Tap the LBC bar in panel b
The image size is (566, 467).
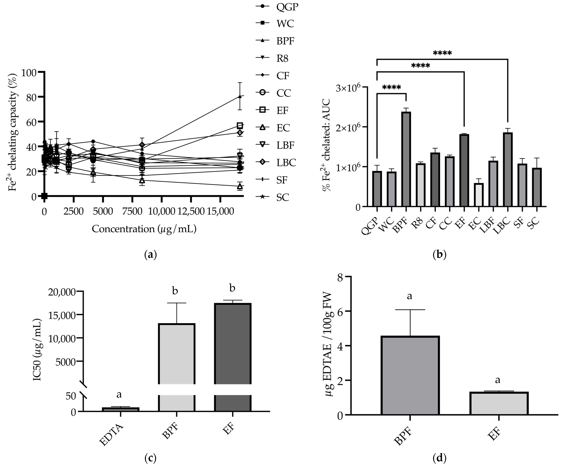[x=508, y=170]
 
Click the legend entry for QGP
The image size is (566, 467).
[x=277, y=6]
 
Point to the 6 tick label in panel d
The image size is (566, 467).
[x=340, y=311]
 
